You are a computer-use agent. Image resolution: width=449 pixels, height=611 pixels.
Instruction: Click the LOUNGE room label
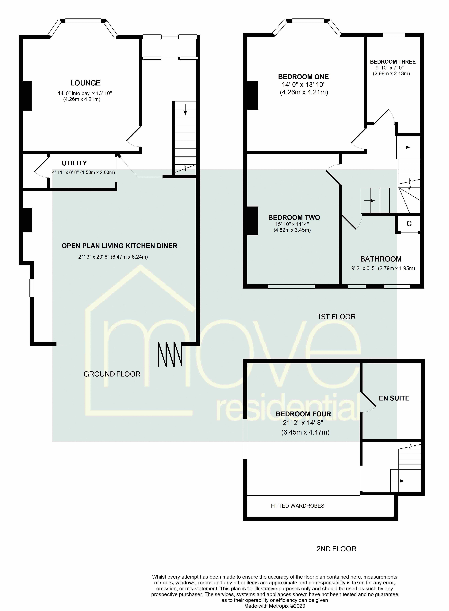pos(85,83)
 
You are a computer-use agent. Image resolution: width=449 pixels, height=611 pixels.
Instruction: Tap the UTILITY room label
pos(74,163)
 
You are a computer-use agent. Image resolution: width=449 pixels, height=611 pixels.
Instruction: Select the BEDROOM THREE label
pos(393,62)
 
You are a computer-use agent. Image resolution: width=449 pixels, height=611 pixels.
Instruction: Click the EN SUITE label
pos(394,398)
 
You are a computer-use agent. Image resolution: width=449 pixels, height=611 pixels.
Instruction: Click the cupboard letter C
pos(409,224)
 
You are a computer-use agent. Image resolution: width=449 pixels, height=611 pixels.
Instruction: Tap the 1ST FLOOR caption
pos(336,317)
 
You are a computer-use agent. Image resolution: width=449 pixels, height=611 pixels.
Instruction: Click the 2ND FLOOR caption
pos(336,549)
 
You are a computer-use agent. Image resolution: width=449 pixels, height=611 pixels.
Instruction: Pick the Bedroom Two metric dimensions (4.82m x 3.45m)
pos(292,230)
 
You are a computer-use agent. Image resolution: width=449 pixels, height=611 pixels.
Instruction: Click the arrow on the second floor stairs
pos(398,481)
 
